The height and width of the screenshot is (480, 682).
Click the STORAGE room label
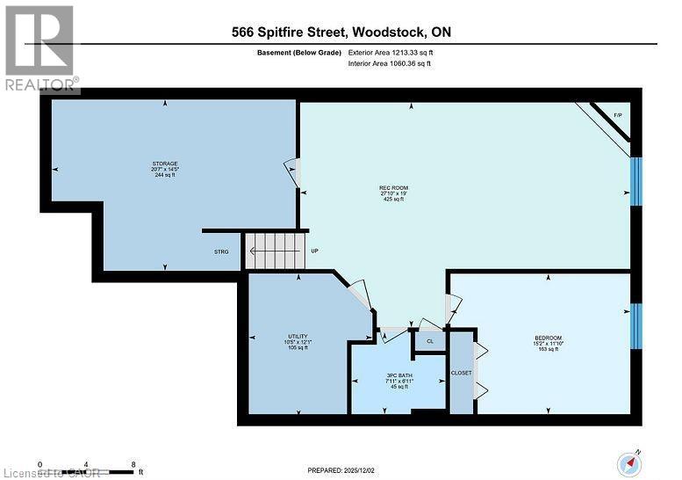165,164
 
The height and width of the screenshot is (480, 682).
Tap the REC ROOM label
391,186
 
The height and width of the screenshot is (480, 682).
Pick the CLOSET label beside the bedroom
462,373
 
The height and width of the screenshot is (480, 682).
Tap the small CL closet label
430,341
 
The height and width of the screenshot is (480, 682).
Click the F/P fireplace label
617,116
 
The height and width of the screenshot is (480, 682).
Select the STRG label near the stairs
222,252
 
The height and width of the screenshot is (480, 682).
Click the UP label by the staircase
313,251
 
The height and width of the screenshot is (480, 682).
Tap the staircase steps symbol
276,251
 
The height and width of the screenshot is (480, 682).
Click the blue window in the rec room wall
637,183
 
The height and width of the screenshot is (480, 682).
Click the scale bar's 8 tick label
133,463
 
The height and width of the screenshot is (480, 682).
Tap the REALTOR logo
39,48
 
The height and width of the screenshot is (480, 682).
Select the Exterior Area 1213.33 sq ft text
391,54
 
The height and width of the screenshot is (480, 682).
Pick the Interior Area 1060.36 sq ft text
391,64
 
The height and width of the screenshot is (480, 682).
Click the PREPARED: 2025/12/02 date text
341,470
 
